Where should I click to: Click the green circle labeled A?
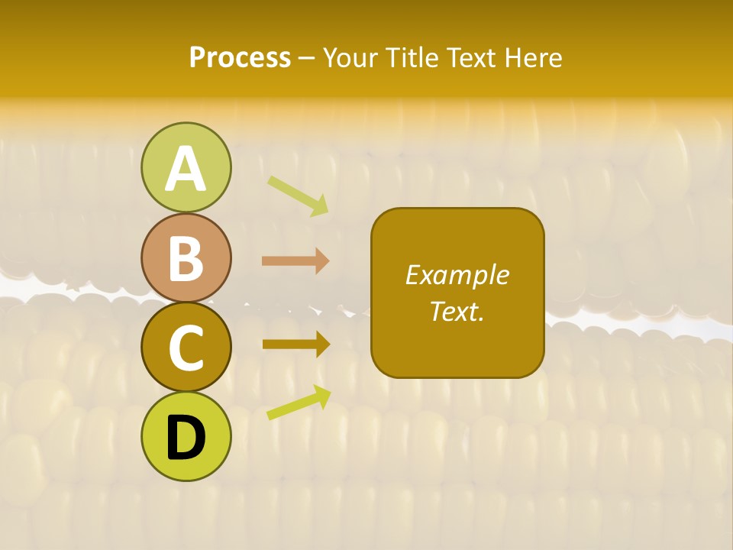(186, 167)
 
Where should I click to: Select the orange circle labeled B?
(186, 258)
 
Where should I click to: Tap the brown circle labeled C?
(186, 348)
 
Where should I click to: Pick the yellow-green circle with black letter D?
(186, 437)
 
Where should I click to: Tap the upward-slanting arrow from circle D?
(299, 403)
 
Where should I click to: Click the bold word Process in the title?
(240, 57)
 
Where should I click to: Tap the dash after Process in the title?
(306, 59)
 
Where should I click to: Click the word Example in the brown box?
(457, 275)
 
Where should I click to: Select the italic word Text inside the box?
(454, 311)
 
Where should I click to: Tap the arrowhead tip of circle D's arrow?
(330, 389)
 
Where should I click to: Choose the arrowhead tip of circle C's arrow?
(329, 344)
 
